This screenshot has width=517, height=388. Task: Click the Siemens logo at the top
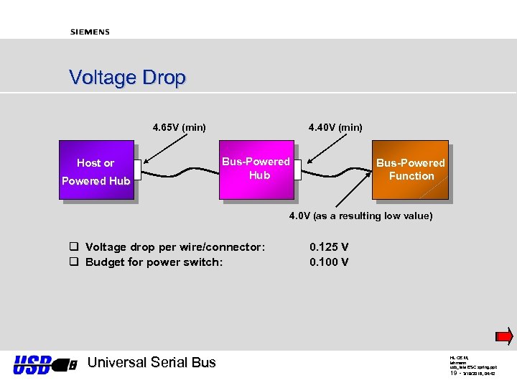pos(90,32)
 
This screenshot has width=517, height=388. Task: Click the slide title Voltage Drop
pos(127,78)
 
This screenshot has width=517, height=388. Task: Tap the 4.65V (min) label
pos(179,128)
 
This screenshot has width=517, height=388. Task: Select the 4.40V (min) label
pos(335,128)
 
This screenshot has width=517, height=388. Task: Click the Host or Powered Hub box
pos(96,172)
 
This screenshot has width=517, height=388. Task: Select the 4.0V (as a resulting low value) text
pos(360,216)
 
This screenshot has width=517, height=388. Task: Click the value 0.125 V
pos(329,247)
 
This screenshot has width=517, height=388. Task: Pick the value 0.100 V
pos(329,262)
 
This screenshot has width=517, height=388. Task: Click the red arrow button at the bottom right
pos(505,336)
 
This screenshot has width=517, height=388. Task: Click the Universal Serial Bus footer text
pos(151,363)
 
